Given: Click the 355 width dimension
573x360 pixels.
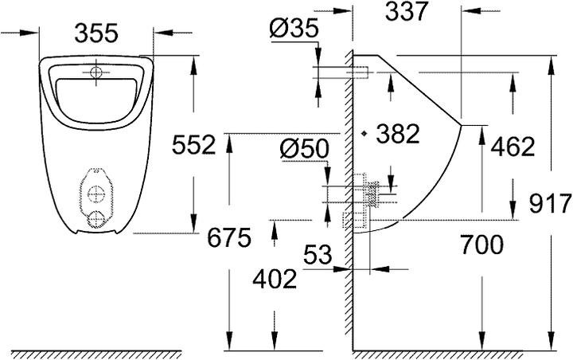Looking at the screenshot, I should (96, 33).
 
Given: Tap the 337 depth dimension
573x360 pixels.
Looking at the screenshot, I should (406, 12).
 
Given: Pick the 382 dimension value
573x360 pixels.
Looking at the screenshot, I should (396, 134).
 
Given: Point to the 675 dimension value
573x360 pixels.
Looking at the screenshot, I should (228, 237).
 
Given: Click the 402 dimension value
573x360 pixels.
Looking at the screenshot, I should (274, 279).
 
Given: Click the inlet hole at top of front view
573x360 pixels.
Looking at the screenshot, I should (95, 72).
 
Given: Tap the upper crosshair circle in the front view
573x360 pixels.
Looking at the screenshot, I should (95, 193).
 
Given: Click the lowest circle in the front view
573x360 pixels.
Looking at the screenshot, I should (95, 218).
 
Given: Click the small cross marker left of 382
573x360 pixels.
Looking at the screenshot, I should (362, 134).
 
